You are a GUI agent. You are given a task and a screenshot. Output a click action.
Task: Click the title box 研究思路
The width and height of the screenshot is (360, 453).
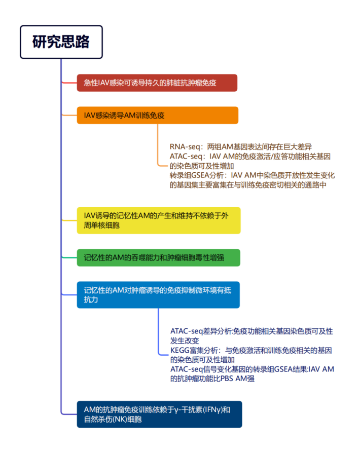pos(61,42)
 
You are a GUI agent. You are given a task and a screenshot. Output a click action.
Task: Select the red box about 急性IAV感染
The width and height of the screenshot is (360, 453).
pos(157,83)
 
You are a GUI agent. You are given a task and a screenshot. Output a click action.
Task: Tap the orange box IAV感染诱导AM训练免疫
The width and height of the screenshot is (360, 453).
pos(158,115)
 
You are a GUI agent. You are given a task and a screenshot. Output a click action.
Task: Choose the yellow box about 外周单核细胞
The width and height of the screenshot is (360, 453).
pos(159,220)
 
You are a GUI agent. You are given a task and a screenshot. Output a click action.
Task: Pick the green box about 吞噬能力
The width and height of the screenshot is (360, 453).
pos(159,258)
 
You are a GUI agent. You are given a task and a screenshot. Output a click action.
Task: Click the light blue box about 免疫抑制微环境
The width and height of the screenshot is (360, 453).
pos(158,295)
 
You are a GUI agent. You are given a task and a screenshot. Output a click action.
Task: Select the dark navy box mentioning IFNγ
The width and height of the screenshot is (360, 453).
pos(159,414)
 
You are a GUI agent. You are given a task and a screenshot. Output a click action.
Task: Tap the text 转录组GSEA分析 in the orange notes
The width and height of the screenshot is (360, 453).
pos(197,175)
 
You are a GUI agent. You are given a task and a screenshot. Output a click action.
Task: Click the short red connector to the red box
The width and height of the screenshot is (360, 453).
pos(69,83)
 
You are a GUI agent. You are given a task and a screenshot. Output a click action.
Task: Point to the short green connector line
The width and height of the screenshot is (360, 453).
pos(69,257)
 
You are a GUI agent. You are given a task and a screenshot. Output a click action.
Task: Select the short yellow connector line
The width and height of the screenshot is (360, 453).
pos(69,220)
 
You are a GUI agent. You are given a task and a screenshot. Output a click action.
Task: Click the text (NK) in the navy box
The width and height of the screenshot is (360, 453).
pos(121,419)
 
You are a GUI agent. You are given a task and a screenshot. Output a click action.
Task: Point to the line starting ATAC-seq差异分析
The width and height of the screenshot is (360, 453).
pos(251,331)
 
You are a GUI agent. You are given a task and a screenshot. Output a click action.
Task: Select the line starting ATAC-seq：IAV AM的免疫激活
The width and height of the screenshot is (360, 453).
pos(250,156)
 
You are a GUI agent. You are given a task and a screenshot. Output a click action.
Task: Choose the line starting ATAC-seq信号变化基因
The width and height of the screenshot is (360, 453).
pos(252,369)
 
